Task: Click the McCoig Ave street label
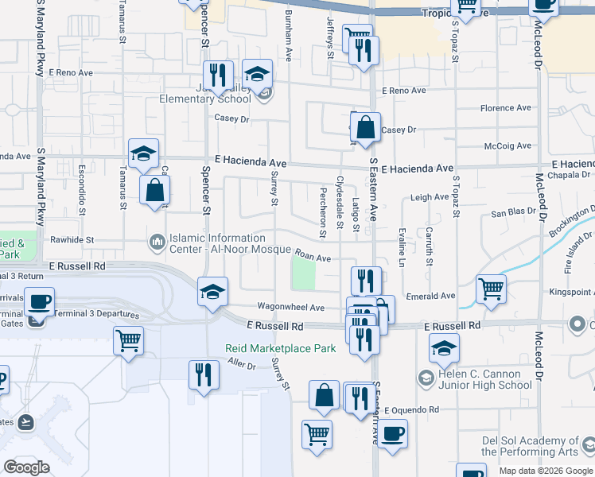coord(507,145)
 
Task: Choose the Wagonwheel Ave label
coord(290,307)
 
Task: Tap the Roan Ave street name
coord(313,257)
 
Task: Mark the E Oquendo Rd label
coord(411,410)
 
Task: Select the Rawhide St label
coord(72,239)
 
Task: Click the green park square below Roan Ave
coord(303,276)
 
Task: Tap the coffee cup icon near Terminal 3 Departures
coord(39,301)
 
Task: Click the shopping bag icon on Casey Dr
coord(365,127)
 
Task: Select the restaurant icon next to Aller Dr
coord(204,374)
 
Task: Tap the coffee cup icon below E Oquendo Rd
coord(391,434)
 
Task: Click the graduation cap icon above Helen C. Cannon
coord(444,347)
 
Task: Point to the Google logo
coord(26,467)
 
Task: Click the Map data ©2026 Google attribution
coord(545,471)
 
